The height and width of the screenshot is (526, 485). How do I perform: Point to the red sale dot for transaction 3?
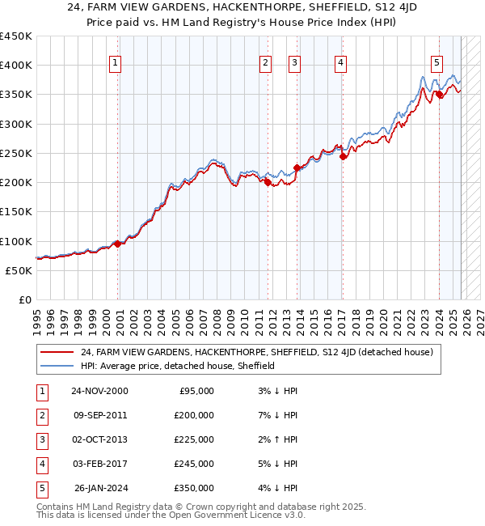[297, 168]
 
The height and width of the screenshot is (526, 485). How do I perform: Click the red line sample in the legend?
[57, 352]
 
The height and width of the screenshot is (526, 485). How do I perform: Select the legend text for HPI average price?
[178, 366]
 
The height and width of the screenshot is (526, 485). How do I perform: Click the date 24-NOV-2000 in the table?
[99, 391]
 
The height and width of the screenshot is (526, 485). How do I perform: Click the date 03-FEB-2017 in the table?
[99, 464]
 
